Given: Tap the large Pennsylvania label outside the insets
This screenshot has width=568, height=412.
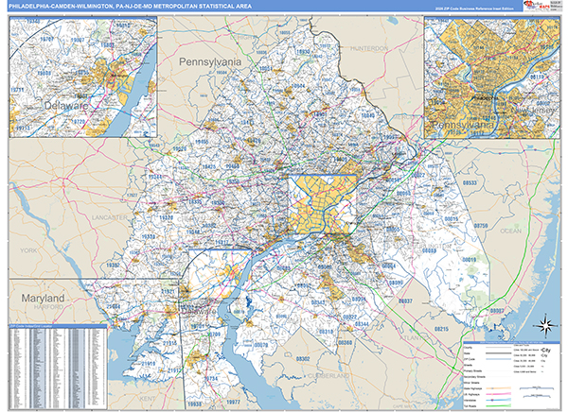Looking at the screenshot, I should point(211,61).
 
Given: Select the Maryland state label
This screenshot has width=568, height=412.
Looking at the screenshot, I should point(37,298).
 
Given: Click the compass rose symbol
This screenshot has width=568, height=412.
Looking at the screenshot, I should point(546,326).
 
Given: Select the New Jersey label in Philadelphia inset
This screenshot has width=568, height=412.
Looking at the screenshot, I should point(530,113).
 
